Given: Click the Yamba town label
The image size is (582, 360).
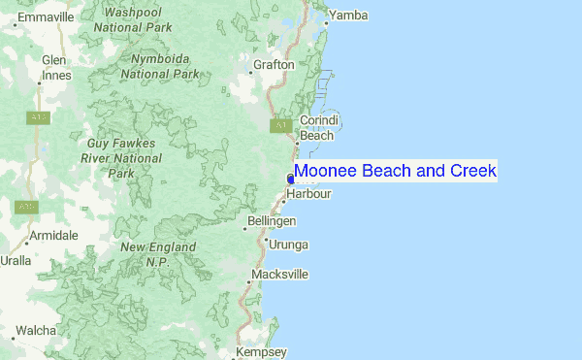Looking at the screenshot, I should [348, 16].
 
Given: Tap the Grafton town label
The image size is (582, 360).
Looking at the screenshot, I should [273, 65].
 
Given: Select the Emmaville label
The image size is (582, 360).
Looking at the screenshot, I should [46, 17].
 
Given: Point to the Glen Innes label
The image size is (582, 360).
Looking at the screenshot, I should [53, 68].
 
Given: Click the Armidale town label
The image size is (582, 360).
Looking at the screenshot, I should [53, 236].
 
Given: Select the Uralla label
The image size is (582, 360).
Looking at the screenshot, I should [16, 261].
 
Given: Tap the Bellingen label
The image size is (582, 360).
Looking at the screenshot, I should [272, 222].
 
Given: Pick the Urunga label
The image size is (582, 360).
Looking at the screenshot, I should [288, 245].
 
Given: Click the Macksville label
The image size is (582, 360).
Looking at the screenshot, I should [279, 275].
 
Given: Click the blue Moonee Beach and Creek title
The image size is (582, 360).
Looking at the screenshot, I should [395, 172].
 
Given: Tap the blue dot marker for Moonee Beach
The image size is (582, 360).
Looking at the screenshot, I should [291, 178].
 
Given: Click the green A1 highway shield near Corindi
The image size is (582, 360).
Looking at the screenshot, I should [281, 126].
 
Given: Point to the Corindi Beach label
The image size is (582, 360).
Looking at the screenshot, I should [317, 128].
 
